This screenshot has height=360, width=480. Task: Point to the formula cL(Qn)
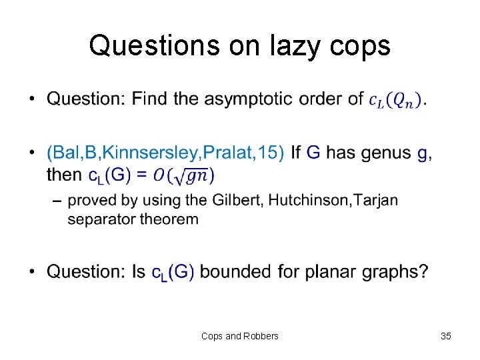click(395, 100)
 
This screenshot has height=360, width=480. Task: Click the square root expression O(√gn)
click(183, 175)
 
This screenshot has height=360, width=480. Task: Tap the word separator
click(101, 218)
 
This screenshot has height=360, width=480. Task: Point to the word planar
click(321, 272)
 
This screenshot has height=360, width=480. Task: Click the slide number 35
click(446, 336)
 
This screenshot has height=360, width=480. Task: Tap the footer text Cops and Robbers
click(240, 336)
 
